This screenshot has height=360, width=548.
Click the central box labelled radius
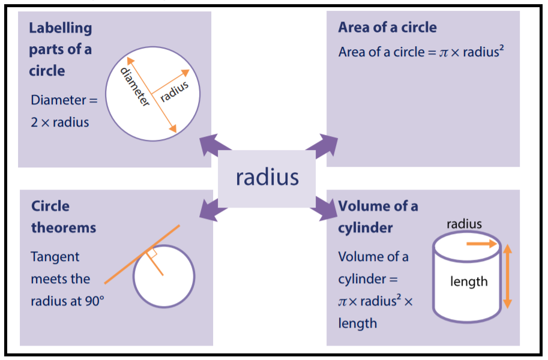266,178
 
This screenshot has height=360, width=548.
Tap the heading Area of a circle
387,28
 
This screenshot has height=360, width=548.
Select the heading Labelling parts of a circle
61,49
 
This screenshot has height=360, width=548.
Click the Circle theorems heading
64,217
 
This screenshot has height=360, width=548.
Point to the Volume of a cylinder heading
378,217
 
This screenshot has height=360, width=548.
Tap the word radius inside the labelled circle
175,91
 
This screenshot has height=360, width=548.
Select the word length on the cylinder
469,281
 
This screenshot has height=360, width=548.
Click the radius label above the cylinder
464,224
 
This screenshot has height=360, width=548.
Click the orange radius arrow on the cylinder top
483,244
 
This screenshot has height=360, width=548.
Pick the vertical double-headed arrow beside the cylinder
507,275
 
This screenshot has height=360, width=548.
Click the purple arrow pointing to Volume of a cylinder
322,209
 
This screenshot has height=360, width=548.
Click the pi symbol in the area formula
444,53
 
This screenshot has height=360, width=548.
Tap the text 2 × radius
60,122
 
